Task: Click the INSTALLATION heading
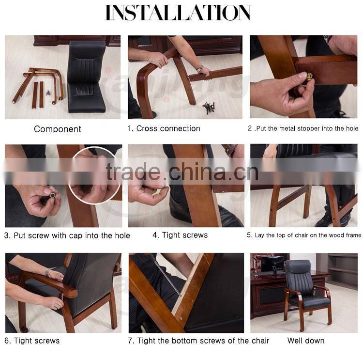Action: [x=178, y=13]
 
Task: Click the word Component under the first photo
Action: [x=58, y=129]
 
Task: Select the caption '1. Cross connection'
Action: [x=164, y=128]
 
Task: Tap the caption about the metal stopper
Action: [x=303, y=128]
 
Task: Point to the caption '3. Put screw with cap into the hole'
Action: [x=67, y=235]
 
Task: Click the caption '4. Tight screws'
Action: [x=180, y=235]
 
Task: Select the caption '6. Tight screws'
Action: [x=32, y=341]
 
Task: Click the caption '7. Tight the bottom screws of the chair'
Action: [x=198, y=341]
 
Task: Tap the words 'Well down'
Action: [x=306, y=341]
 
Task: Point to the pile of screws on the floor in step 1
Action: [x=209, y=107]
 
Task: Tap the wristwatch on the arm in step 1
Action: [x=199, y=68]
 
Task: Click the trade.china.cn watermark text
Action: [x=182, y=172]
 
